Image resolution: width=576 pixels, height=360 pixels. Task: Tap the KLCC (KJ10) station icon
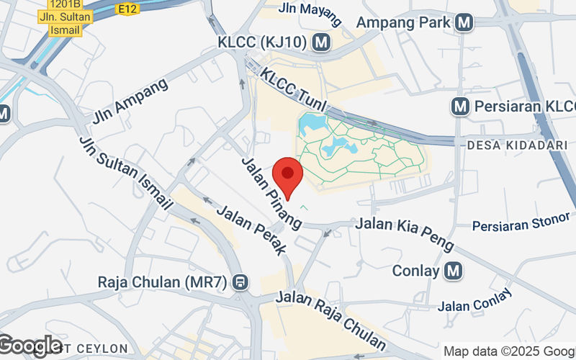click(x=322, y=42)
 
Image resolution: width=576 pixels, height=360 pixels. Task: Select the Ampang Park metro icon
click(x=465, y=22)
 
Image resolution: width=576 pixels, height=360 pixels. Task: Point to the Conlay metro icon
click(x=453, y=271)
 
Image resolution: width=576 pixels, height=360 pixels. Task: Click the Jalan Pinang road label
click(x=271, y=193)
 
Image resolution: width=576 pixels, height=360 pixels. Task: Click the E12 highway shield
click(x=129, y=8)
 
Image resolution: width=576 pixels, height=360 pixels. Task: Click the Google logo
click(x=30, y=346)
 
